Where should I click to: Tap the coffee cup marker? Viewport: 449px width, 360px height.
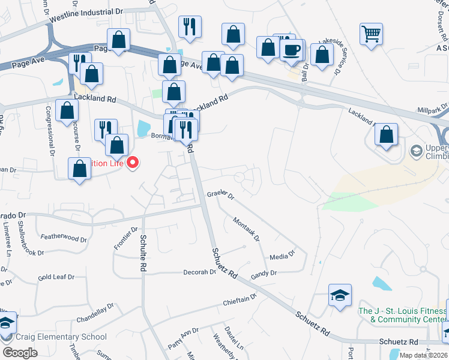(x=292, y=50)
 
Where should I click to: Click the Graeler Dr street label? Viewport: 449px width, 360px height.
(x=220, y=194)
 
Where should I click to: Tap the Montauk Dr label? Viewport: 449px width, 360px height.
(x=247, y=229)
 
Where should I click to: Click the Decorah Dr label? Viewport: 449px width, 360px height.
(x=199, y=272)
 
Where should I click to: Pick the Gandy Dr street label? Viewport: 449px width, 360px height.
(x=264, y=273)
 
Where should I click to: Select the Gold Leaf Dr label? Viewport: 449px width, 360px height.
(x=56, y=277)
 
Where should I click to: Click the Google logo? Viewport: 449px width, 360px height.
(x=20, y=352)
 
